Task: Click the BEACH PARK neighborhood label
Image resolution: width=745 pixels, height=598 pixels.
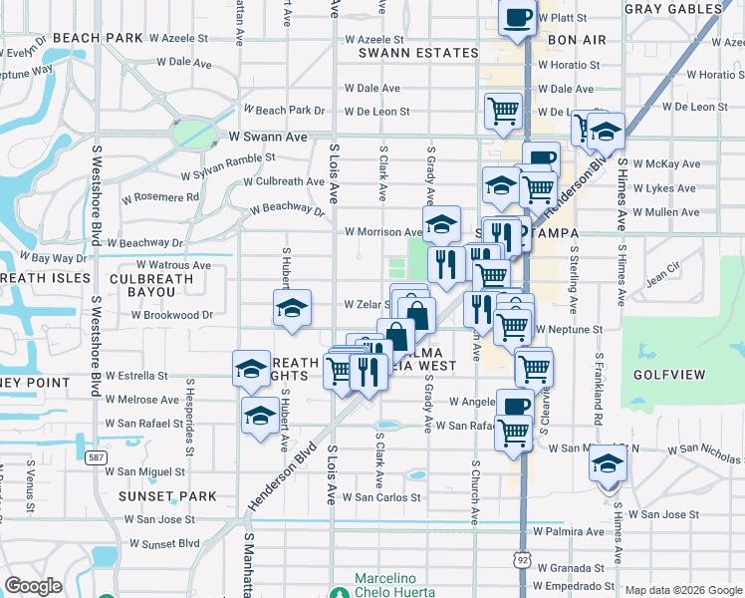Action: (99, 38)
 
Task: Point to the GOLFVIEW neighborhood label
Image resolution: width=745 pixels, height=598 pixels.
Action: (668, 375)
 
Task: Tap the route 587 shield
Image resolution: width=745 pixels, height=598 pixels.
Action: (97, 457)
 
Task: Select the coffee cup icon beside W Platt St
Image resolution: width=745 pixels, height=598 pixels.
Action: (517, 18)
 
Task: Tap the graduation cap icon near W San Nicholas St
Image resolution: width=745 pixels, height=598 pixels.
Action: (607, 464)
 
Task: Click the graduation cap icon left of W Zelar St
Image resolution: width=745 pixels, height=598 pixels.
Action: (293, 309)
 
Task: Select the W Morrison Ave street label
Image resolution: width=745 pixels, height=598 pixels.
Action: (383, 232)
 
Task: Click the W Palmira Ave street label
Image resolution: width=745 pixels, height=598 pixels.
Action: (568, 531)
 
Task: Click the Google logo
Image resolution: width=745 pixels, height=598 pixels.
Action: (33, 586)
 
